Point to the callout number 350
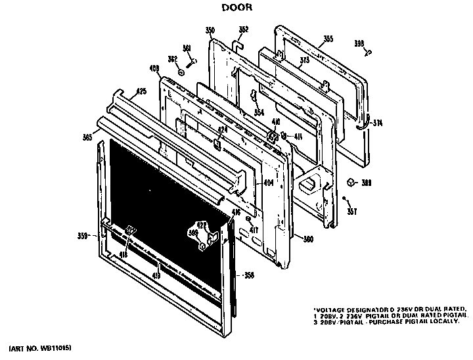210,30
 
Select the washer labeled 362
179,68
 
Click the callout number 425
141,93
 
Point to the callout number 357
351,211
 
